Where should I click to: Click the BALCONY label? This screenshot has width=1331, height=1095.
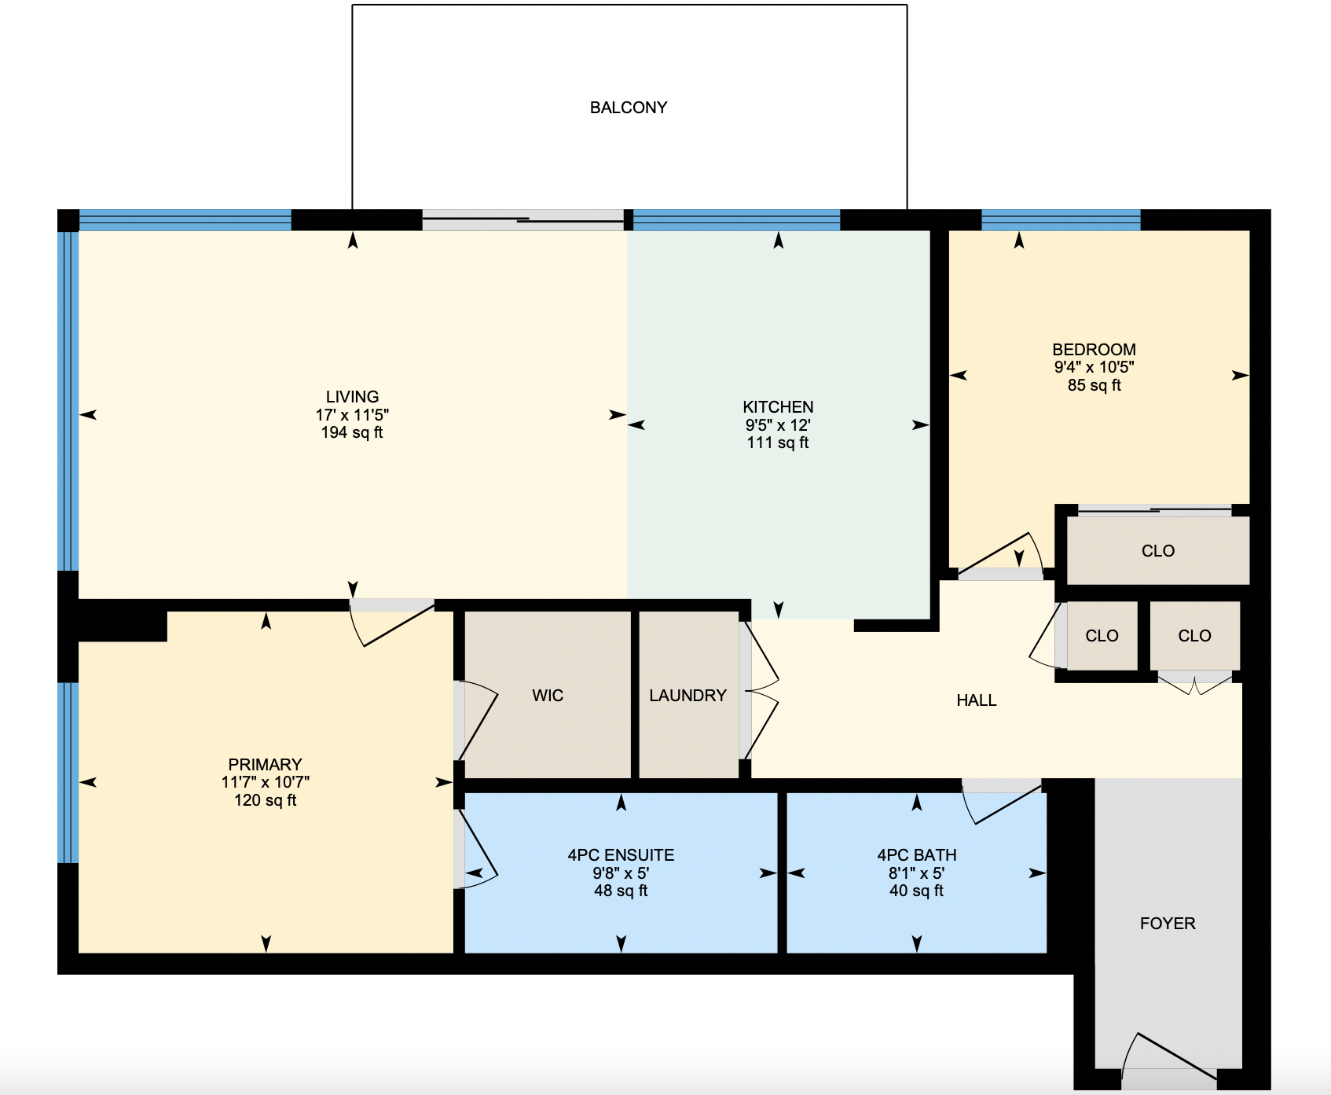point(629,108)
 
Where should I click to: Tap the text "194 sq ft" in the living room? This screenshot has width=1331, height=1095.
point(352,432)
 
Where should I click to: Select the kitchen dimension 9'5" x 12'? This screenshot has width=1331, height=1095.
point(778,425)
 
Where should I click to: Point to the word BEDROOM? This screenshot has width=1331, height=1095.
point(1094,350)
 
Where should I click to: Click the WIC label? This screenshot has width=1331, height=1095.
point(548,696)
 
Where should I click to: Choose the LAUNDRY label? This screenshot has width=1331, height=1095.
point(687,696)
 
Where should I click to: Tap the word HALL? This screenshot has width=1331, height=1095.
point(977,700)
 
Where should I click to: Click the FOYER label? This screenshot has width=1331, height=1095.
point(1168,924)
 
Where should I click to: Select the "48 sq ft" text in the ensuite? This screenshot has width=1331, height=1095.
point(621,891)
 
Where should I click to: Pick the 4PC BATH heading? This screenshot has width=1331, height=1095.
point(917,855)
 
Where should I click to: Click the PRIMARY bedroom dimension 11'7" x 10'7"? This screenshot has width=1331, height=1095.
point(266,782)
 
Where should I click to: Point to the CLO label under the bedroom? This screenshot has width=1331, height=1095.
point(1158,551)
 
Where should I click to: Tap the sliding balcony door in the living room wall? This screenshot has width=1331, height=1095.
point(523,220)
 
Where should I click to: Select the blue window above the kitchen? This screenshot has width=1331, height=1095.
point(737,220)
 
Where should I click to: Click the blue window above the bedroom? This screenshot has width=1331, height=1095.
point(1061,220)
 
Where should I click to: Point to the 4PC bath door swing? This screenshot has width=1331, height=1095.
point(1003,801)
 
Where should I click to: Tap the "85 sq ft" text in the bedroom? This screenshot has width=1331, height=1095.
point(1094,385)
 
